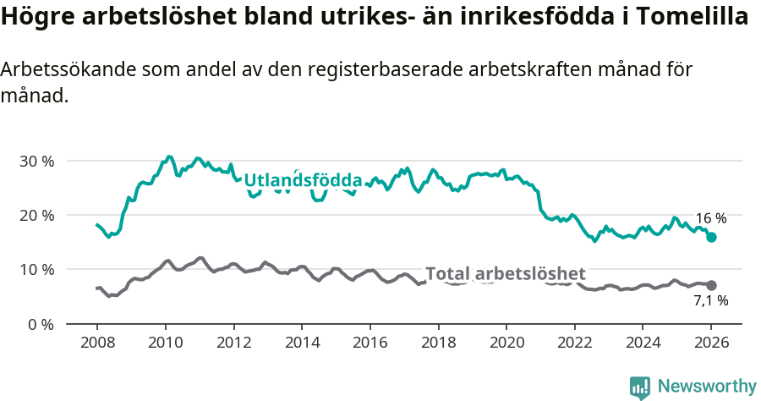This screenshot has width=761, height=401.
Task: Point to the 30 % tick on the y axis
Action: pyautogui.click(x=37, y=161)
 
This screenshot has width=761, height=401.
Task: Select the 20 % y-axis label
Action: pyautogui.click(x=37, y=215)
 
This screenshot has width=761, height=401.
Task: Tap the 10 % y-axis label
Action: pyautogui.click(x=37, y=269)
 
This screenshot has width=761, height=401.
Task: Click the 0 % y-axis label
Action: pyautogui.click(x=41, y=324)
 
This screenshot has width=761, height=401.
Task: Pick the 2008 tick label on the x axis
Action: pyautogui.click(x=97, y=343)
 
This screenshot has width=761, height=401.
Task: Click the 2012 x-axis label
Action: pyautogui.click(x=233, y=343)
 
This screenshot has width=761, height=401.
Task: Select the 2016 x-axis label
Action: pyautogui.click(x=370, y=343)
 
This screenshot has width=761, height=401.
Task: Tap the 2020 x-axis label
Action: pyautogui.click(x=506, y=343)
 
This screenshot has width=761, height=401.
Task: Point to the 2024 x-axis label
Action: pyautogui.click(x=643, y=343)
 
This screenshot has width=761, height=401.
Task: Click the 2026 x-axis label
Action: pyautogui.click(x=711, y=343)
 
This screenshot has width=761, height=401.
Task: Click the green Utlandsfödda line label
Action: pyautogui.click(x=303, y=180)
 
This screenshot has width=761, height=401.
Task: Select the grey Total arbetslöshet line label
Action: pyautogui.click(x=505, y=273)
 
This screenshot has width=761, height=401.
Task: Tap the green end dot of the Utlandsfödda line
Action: pyautogui.click(x=711, y=238)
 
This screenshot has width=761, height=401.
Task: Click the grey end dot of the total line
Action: pyautogui.click(x=711, y=286)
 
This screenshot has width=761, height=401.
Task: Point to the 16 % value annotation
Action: pyautogui.click(x=711, y=218)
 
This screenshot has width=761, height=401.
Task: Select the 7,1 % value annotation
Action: pyautogui.click(x=711, y=301)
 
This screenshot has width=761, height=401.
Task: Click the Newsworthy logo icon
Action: pyautogui.click(x=640, y=387)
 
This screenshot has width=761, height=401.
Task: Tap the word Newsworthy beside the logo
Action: pyautogui.click(x=706, y=387)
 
